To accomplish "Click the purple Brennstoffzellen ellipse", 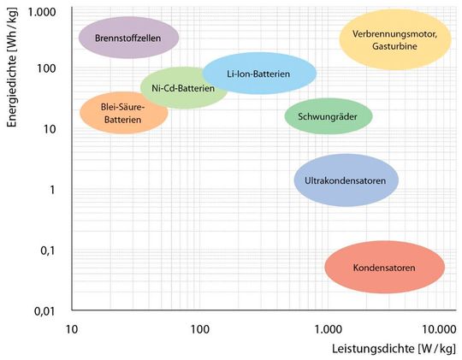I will tap(128, 37).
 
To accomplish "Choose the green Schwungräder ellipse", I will tap(328, 115).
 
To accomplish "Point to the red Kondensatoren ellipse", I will tap(384, 268).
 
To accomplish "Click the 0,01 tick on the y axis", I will tap(44, 310).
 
